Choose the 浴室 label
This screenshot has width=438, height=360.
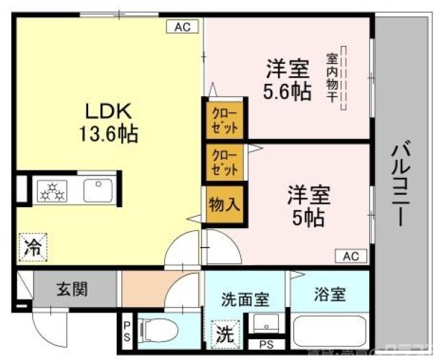click(x=330, y=294)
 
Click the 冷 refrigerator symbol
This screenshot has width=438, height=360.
click(x=32, y=248)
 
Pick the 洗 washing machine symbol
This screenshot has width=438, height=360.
click(x=224, y=333)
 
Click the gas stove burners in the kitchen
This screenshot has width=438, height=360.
click(x=52, y=191)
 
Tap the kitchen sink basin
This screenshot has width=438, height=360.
click(x=96, y=191)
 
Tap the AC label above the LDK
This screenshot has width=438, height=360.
click(x=183, y=27)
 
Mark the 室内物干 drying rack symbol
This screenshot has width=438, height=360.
click(x=343, y=78)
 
